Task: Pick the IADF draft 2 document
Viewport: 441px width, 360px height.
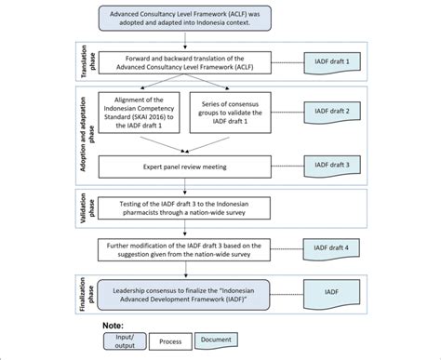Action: click(x=333, y=111)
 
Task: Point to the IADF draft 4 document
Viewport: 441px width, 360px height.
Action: click(x=333, y=247)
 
